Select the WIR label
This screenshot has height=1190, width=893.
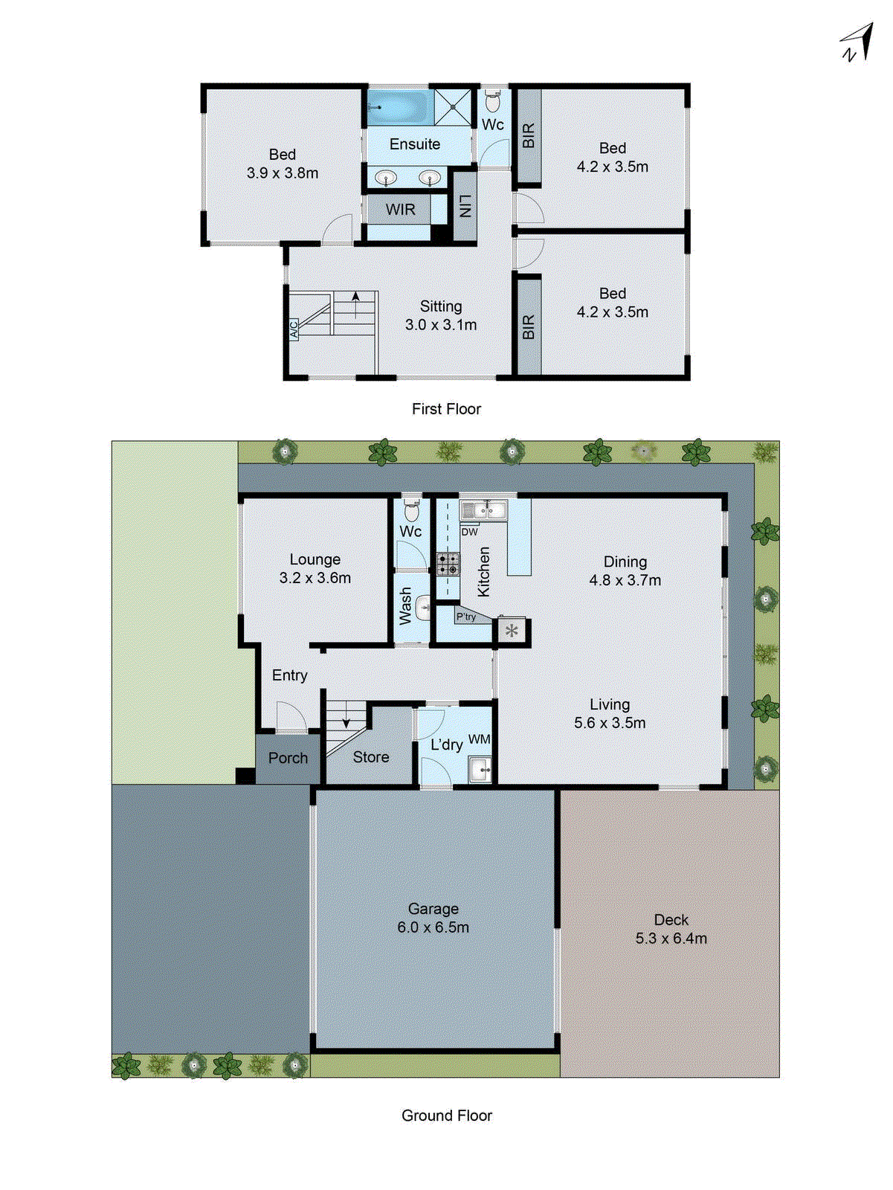coord(400,210)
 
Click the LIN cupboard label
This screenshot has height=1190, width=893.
coord(465,206)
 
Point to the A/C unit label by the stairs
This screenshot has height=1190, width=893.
coord(294,329)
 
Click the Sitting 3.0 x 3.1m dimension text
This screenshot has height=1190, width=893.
coord(441,325)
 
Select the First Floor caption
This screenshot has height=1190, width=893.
coord(446,409)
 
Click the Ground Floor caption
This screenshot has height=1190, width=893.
coord(446,1116)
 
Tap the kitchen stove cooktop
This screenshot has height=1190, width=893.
coord(448,565)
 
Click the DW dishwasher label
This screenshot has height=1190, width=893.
coord(469,532)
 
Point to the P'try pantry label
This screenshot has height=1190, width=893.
coord(466,617)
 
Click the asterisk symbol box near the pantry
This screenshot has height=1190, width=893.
coord(512,631)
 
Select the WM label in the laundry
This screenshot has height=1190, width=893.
coord(479,739)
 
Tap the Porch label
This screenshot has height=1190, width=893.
coord(288,758)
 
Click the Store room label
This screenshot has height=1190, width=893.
coord(370,757)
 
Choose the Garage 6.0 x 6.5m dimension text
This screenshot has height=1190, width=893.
coord(433,927)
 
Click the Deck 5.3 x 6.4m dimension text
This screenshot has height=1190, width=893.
coord(671,939)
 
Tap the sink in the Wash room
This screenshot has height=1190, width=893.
coord(423,608)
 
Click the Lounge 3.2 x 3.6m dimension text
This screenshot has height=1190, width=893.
coord(315,578)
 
